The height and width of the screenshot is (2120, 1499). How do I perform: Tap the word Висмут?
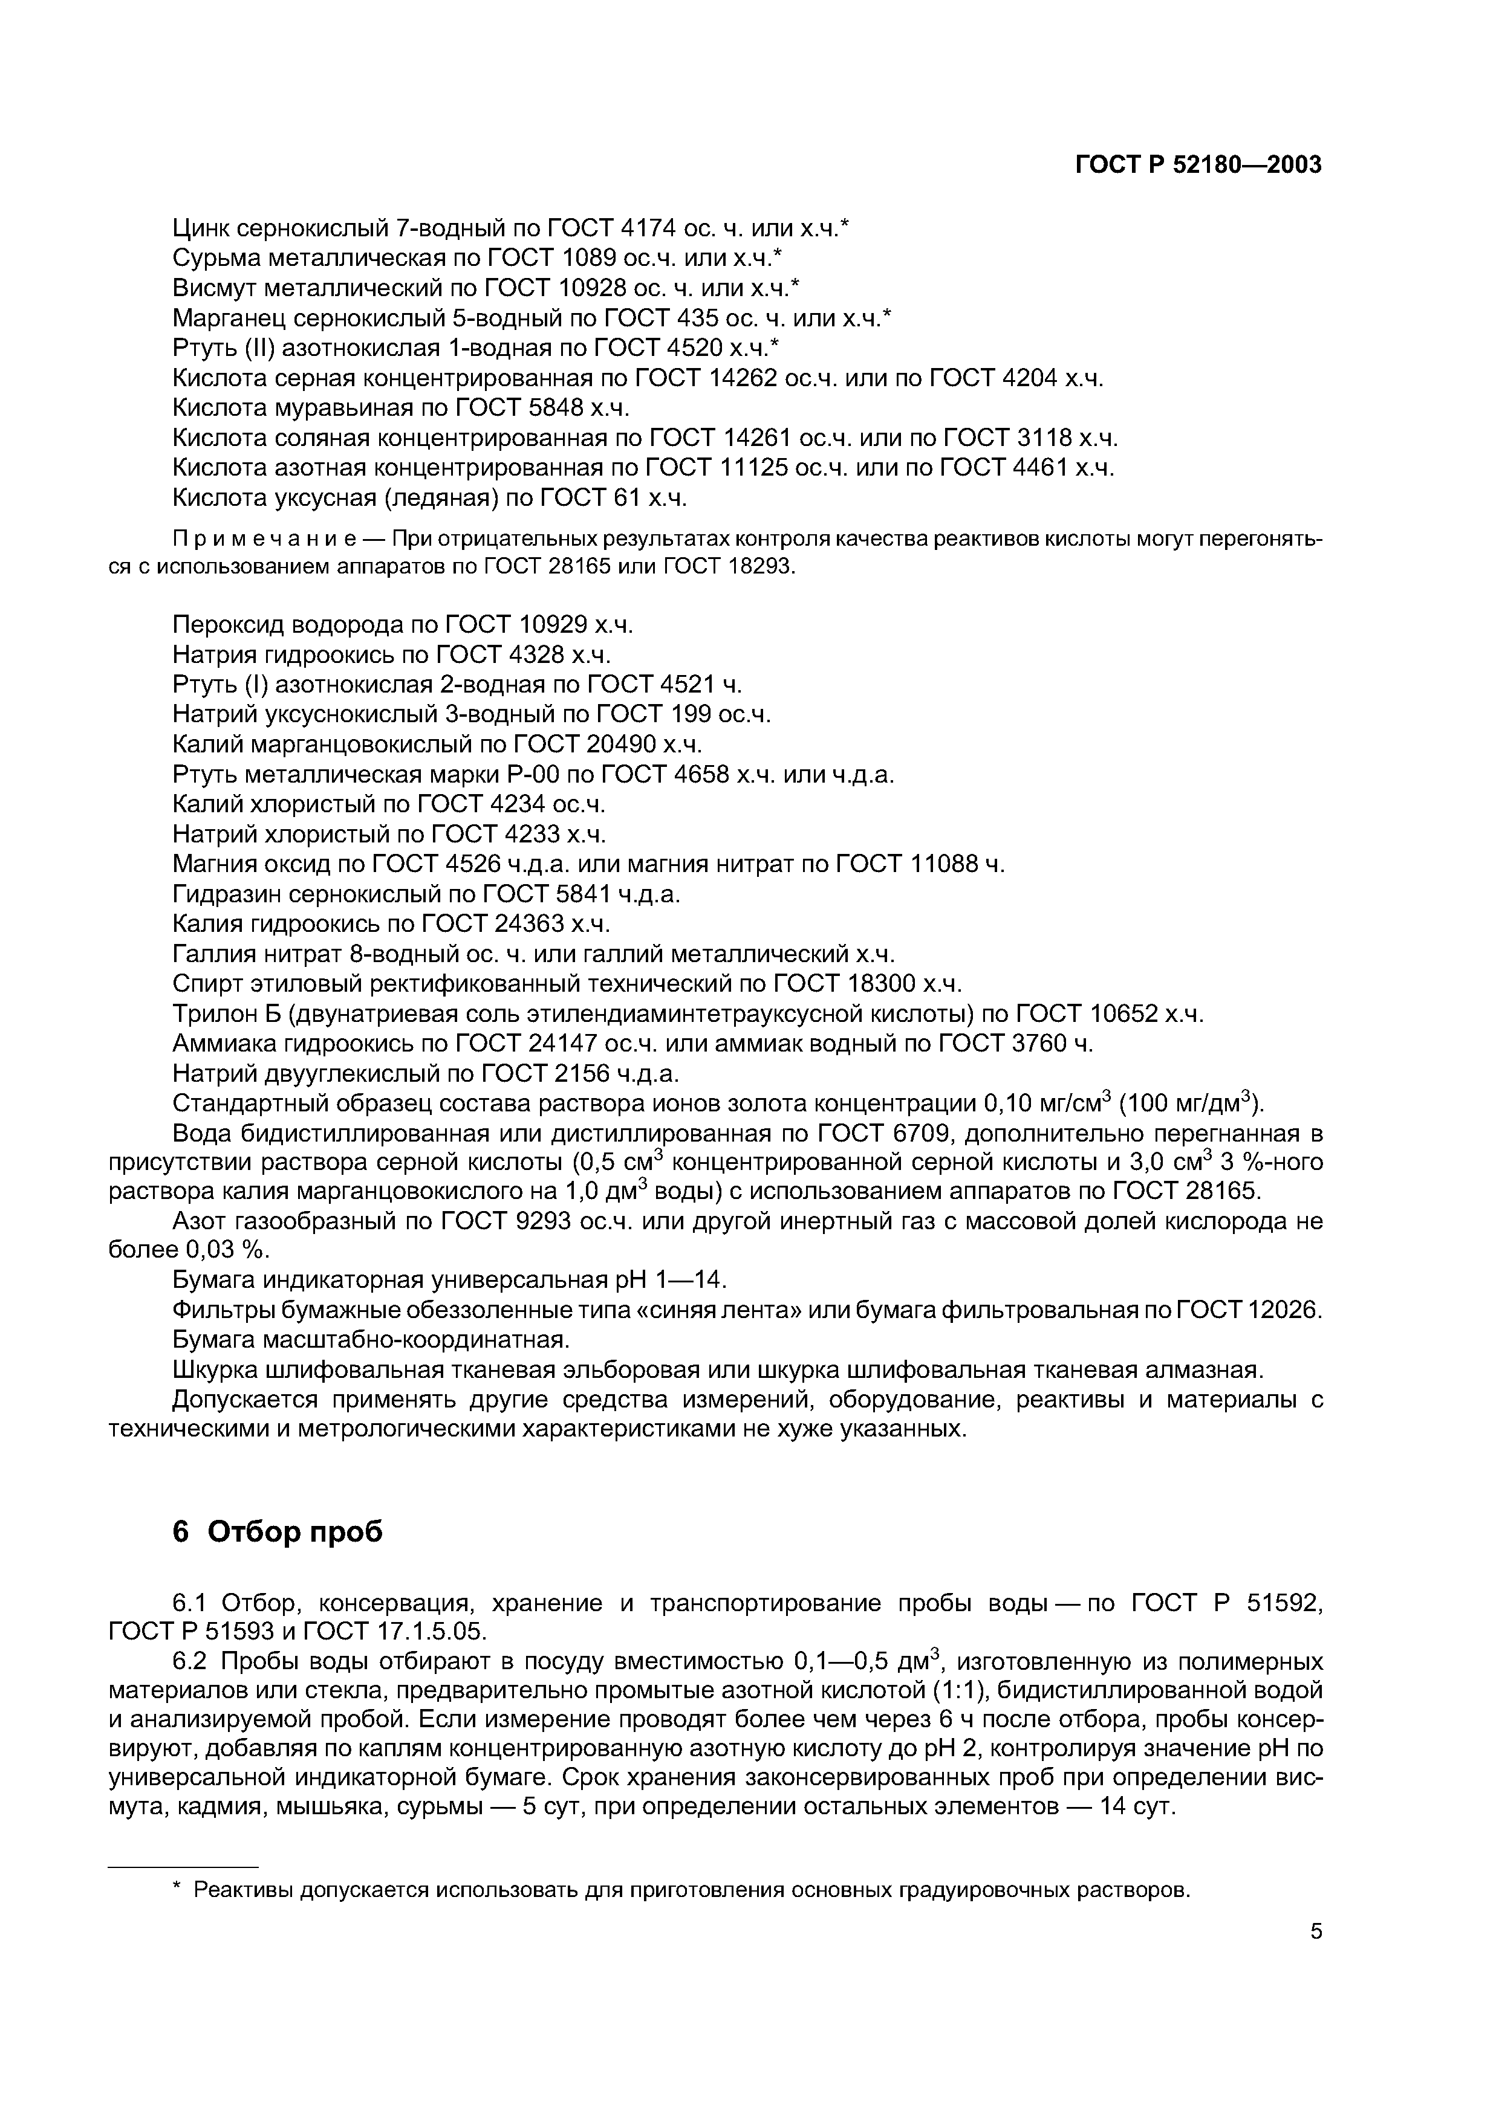point(220,288)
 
